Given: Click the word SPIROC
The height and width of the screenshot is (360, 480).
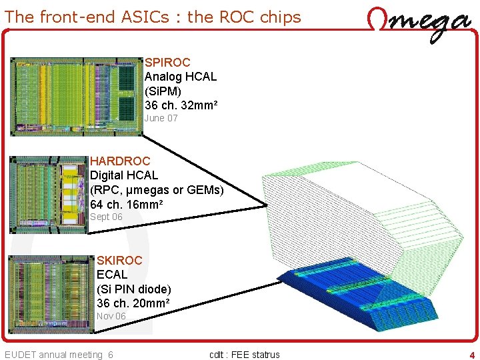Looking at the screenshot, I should tap(167, 63).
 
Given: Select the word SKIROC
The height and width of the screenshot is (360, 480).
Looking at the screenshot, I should tap(119, 260).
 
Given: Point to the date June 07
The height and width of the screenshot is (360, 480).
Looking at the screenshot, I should tap(161, 118).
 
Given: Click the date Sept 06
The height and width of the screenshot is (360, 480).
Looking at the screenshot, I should tap(107, 217).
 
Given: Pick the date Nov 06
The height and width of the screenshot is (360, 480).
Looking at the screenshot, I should tap(111, 316).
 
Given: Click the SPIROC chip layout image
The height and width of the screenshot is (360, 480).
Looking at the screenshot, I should tap(77, 97).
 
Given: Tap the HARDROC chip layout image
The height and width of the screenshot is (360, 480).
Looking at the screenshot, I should tap(49, 194).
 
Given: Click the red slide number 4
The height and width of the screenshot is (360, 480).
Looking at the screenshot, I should tap(472, 355).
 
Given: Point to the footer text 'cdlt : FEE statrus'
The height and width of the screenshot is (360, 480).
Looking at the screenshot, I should tap(244, 355).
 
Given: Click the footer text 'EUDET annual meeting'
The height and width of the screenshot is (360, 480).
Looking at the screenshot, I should tap(53, 355).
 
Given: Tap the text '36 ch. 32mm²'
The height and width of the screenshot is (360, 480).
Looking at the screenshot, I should tap(181, 105).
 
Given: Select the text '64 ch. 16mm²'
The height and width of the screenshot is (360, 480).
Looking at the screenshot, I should tap(126, 204).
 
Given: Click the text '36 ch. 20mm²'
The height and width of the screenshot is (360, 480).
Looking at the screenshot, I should tap(133, 303).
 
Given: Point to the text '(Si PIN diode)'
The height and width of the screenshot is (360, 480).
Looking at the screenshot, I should tap(134, 289).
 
